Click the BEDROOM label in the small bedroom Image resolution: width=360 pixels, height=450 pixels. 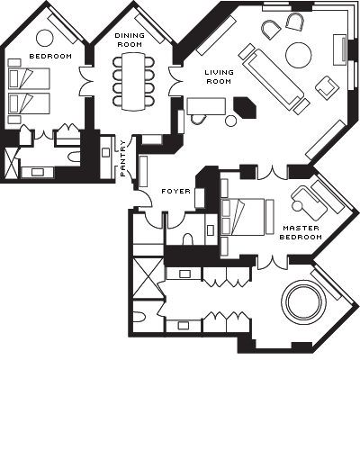click(x=50, y=56)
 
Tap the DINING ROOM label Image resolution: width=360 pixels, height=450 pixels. click(x=130, y=40)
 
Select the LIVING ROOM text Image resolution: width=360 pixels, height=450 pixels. click(x=219, y=76)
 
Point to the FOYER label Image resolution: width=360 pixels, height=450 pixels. click(x=175, y=191)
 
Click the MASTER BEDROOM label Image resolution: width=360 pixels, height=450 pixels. click(x=301, y=232)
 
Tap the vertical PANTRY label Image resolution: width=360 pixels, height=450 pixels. click(x=123, y=158)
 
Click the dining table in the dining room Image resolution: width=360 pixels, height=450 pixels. click(x=133, y=81)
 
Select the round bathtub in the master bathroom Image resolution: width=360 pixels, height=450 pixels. click(x=303, y=301)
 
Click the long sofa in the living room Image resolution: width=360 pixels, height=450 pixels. click(x=273, y=79)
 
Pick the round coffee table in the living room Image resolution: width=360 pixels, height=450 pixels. click(x=299, y=55)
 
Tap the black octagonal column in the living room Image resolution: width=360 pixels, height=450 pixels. click(x=245, y=107)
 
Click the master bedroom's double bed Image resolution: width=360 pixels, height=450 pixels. click(x=243, y=217)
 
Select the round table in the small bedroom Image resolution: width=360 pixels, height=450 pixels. click(x=45, y=38)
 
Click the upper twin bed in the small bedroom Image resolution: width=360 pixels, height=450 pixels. click(x=29, y=78)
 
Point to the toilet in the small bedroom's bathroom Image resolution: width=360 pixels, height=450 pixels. click(x=74, y=157)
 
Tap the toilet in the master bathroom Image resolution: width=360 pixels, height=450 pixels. click(x=139, y=317)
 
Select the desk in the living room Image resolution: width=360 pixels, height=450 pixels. click(x=206, y=106)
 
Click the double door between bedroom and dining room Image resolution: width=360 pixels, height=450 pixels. click(x=86, y=81)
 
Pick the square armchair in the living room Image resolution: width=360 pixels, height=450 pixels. click(x=327, y=85)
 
